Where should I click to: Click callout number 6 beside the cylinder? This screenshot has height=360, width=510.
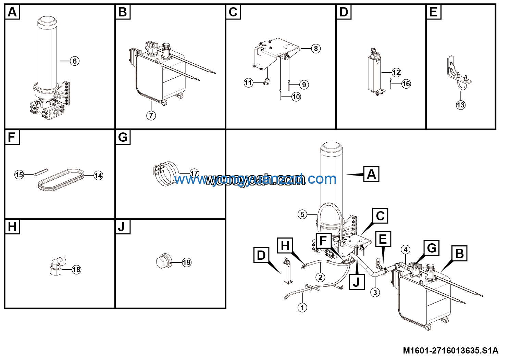[75, 61]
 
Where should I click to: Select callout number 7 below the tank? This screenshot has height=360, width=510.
[151, 115]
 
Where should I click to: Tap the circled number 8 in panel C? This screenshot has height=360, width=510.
[316, 49]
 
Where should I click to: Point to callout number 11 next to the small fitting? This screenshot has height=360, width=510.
[248, 82]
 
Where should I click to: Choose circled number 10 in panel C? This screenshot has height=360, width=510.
[296, 97]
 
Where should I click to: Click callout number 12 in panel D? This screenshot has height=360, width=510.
[396, 73]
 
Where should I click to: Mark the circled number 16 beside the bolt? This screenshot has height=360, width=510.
[406, 84]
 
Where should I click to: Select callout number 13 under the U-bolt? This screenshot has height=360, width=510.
[461, 105]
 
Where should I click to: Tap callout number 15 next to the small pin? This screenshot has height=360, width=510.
[19, 175]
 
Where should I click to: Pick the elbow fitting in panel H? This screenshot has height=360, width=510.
[57, 266]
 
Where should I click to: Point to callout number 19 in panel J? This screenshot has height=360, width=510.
[186, 262]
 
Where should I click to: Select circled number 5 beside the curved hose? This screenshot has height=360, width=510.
[302, 215]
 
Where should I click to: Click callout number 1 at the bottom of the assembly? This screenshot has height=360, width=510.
[302, 308]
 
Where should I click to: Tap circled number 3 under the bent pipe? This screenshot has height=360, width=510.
[375, 292]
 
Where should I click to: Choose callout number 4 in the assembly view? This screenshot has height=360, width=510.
[406, 249]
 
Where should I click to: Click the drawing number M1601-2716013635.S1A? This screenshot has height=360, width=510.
[450, 350]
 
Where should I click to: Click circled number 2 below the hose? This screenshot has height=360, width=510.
[320, 277]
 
